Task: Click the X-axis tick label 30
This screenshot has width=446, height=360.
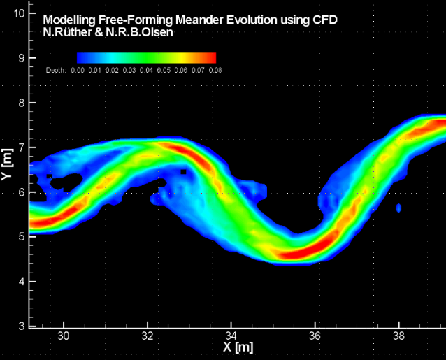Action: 64,336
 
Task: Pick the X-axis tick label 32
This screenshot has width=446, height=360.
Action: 148,336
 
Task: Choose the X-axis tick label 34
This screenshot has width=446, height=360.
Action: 231,336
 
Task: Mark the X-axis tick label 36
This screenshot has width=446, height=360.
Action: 315,336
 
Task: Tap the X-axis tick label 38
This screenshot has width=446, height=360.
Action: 398,336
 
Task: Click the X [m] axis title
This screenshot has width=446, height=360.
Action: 238,347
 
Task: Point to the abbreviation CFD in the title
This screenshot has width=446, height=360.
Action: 324,20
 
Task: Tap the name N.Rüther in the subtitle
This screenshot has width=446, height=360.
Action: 66,32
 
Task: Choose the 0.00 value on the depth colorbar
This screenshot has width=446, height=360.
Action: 77,70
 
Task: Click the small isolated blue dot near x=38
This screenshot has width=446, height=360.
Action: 398,208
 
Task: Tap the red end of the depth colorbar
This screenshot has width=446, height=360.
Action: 210,58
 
